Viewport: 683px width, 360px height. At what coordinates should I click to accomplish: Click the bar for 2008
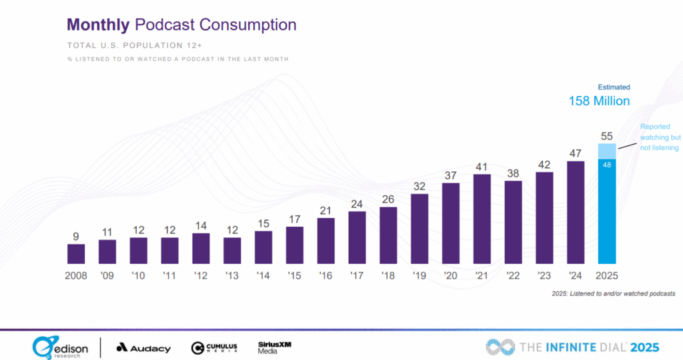tap(76, 254)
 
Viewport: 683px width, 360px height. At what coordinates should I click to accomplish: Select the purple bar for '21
tap(482, 219)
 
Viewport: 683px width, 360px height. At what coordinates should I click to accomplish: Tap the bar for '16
tap(325, 241)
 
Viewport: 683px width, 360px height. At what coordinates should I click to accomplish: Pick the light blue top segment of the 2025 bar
tap(607, 151)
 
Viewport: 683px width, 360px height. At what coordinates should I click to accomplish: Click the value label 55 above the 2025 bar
tap(607, 136)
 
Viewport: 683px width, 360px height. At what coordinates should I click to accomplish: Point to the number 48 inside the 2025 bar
tap(607, 165)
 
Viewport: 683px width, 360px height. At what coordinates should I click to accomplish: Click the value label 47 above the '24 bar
tap(576, 153)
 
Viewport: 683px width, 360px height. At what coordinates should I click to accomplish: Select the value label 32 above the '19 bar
tap(420, 187)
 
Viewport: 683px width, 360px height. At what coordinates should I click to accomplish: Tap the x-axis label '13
tap(231, 275)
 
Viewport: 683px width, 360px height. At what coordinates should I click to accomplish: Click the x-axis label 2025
tap(607, 275)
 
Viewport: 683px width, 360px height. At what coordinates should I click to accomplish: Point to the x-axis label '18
tap(388, 275)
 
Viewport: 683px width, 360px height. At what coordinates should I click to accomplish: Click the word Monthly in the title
tap(98, 25)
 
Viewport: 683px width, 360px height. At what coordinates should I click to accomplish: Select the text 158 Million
tap(599, 101)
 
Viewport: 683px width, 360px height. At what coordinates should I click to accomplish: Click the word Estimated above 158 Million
tap(613, 87)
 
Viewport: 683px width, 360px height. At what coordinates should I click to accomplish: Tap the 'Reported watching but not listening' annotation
tap(659, 137)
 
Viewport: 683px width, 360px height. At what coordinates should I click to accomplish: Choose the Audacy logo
tap(143, 348)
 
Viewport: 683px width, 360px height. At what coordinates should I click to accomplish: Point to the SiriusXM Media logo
tap(274, 347)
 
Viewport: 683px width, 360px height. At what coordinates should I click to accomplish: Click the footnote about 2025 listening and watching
tap(614, 293)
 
